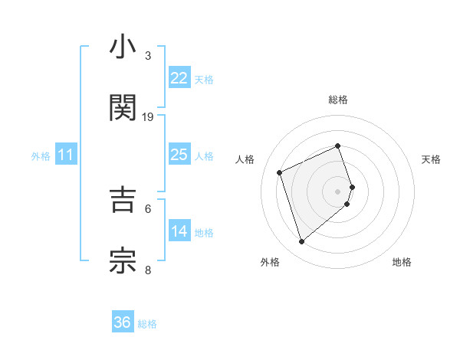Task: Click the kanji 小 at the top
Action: pos(123,48)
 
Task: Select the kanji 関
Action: pos(123,108)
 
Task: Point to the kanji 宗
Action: pos(123,260)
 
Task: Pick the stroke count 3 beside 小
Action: pos(148,56)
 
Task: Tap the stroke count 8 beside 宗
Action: pos(148,270)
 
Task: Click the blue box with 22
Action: pos(179,78)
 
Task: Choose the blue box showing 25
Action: pos(179,155)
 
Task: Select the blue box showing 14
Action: pos(179,231)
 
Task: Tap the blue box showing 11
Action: pos(66,155)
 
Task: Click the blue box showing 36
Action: pos(123,322)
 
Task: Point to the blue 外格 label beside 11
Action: pos(41,155)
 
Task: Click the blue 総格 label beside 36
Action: pos(147,323)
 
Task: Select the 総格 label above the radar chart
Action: pos(338,100)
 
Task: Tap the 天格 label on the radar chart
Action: pos(432,159)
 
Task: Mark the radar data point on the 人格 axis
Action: pos(281,172)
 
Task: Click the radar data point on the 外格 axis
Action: pos(301,241)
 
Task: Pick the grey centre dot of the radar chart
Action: pos(338,190)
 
